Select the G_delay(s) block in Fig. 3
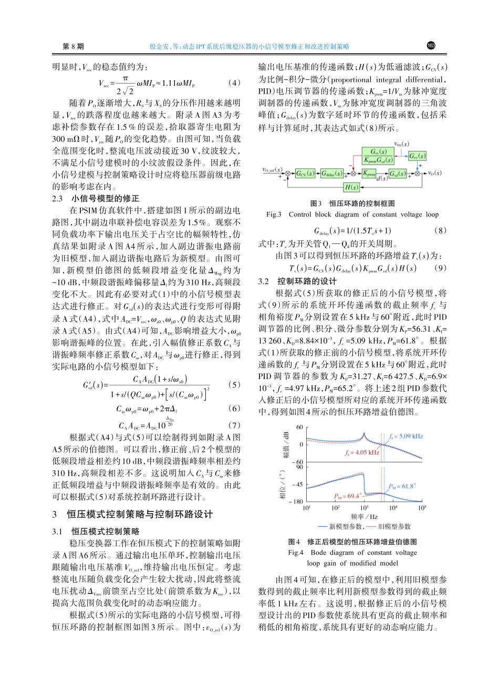(x=331, y=172)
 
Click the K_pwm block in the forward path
(x=369, y=172)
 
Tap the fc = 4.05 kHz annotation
(x=362, y=452)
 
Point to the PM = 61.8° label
(x=402, y=486)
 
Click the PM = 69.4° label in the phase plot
(x=348, y=495)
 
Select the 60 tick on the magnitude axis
(x=299, y=426)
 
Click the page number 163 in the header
(x=431, y=46)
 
